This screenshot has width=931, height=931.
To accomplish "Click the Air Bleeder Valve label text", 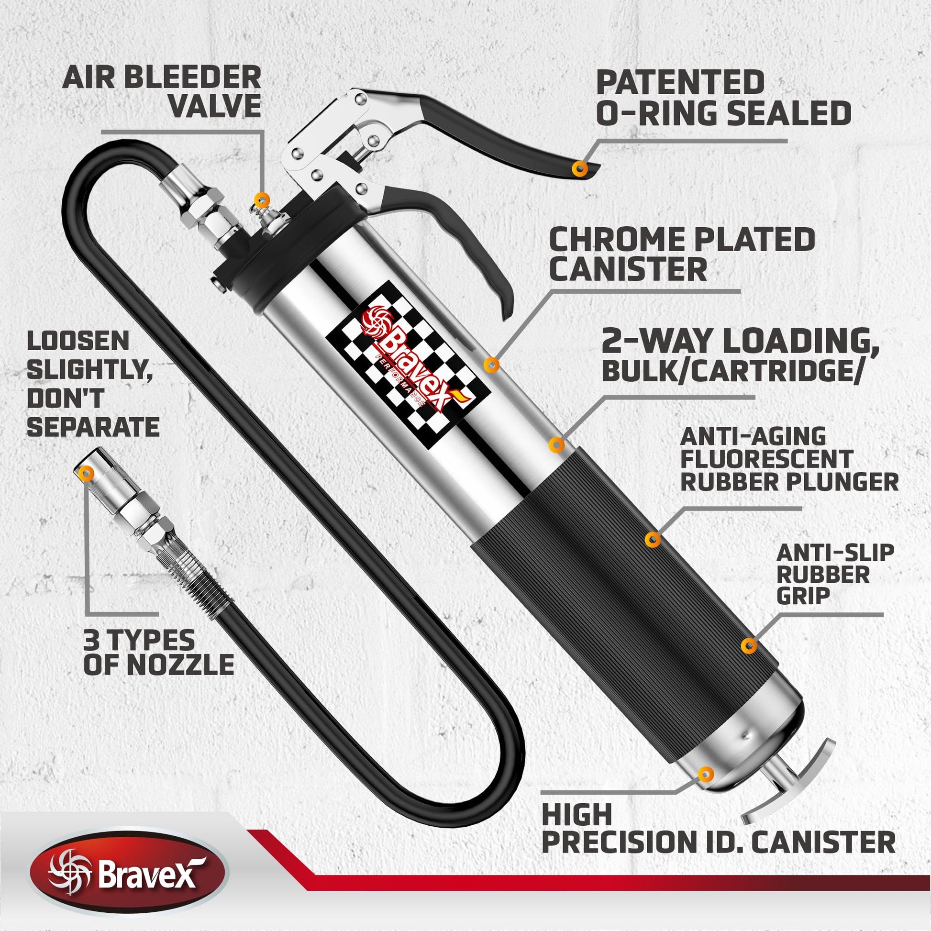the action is click(162, 91).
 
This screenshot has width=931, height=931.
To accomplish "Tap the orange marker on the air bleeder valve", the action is click(262, 198).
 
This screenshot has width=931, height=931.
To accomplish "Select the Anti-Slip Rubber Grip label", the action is click(835, 574).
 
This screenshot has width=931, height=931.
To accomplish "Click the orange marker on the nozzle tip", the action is click(87, 473).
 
